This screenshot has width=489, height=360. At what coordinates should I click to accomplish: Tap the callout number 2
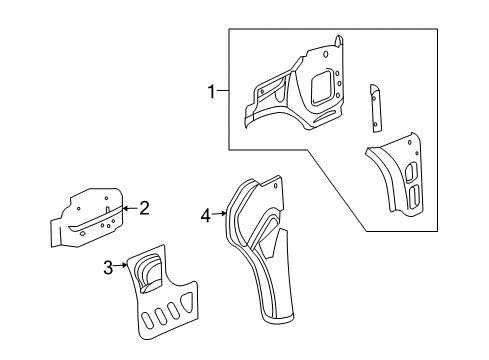(144, 208)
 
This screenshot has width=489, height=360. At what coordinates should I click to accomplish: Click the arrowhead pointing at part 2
(125, 208)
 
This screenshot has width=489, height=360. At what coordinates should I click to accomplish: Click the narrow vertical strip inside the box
(377, 107)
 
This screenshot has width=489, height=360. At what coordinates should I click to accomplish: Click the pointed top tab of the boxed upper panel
(337, 42)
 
